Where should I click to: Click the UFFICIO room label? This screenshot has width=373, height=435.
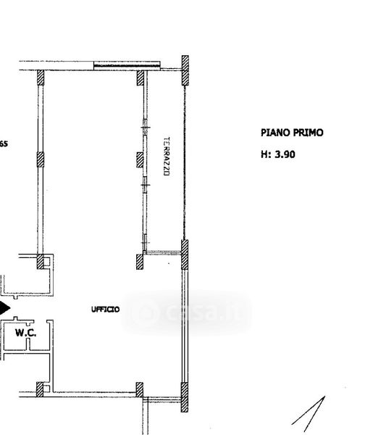pyautogui.click(x=105, y=309)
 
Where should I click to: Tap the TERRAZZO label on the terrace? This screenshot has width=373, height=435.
pyautogui.click(x=167, y=156)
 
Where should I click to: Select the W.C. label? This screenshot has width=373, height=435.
pyautogui.click(x=25, y=332)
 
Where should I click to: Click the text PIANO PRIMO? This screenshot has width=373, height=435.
pyautogui.click(x=292, y=133)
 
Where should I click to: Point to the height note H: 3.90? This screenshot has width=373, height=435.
pyautogui.click(x=277, y=154)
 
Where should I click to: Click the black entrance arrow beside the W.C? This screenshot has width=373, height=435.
pyautogui.click(x=5, y=308)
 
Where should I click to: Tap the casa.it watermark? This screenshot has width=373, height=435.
pyautogui.click(x=187, y=312)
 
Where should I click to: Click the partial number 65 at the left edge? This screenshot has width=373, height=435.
pyautogui.click(x=4, y=144)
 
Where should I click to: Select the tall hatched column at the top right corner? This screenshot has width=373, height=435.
pyautogui.click(x=185, y=70)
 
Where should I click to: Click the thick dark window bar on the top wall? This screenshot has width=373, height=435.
pyautogui.click(x=127, y=66)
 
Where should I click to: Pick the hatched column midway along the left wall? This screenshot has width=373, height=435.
pyautogui.click(x=41, y=159)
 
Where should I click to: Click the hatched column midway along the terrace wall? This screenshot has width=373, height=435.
pyautogui.click(x=140, y=159)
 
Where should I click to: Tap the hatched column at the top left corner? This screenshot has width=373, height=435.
pyautogui.click(x=41, y=78)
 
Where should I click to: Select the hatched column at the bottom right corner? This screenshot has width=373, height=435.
pyautogui.click(x=185, y=397)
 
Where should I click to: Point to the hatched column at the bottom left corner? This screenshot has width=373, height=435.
pyautogui.click(x=40, y=389)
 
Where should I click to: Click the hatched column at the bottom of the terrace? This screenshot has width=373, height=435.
pyautogui.click(x=185, y=254)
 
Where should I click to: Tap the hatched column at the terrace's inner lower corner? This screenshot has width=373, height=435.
pyautogui.click(x=140, y=262)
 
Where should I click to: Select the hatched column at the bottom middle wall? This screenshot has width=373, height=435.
pyautogui.click(x=140, y=390)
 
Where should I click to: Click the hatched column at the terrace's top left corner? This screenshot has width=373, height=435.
pyautogui.click(x=141, y=78)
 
